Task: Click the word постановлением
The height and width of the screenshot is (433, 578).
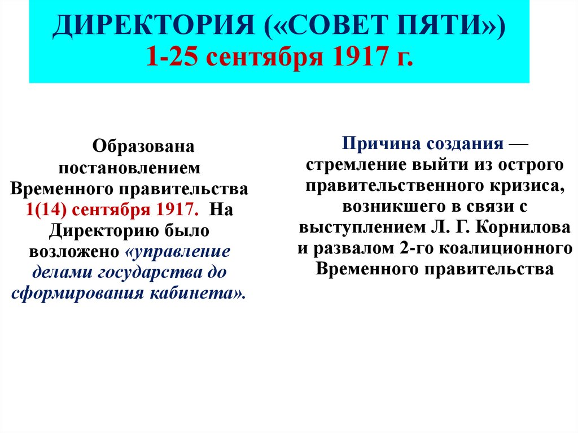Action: (129, 168)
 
